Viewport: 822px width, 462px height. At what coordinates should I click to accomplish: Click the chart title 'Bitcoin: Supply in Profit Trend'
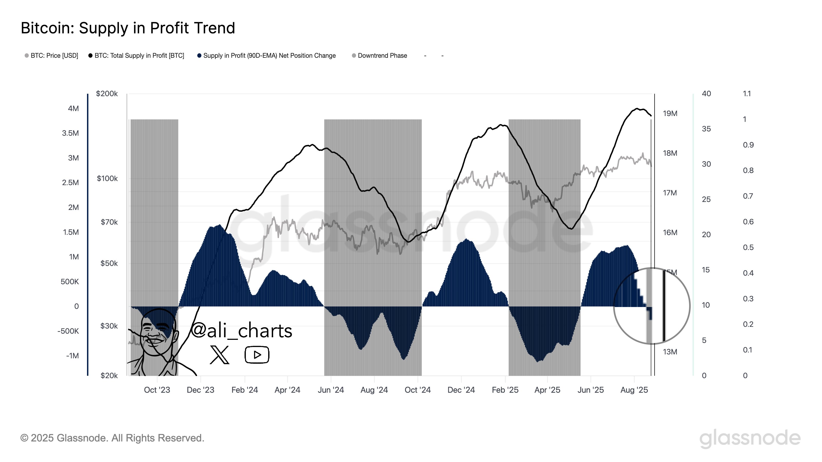pos(128,28)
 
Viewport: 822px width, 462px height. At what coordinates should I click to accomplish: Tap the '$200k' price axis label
pos(107,94)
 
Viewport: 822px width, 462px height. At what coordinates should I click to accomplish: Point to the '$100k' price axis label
pos(107,179)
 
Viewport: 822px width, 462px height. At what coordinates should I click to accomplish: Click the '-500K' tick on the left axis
pos(68,331)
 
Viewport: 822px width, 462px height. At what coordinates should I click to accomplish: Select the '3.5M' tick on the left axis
pos(70,133)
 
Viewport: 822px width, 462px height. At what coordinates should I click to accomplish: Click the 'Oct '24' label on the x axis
pos(417,390)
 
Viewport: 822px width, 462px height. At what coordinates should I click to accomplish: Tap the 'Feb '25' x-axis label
pos(505,390)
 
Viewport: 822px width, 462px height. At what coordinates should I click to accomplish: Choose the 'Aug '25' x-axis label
pos(634,390)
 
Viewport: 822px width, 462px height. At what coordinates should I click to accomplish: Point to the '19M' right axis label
pos(670,113)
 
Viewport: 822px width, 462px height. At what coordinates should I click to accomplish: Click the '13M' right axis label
pos(670,352)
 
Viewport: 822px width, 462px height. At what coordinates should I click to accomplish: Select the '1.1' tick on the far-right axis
pos(747,94)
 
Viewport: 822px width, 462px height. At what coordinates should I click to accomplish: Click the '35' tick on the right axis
pos(706,129)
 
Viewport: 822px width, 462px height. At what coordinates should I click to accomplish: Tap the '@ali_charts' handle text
pos(241,331)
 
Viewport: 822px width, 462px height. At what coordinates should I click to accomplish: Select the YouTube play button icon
pos(257,354)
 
